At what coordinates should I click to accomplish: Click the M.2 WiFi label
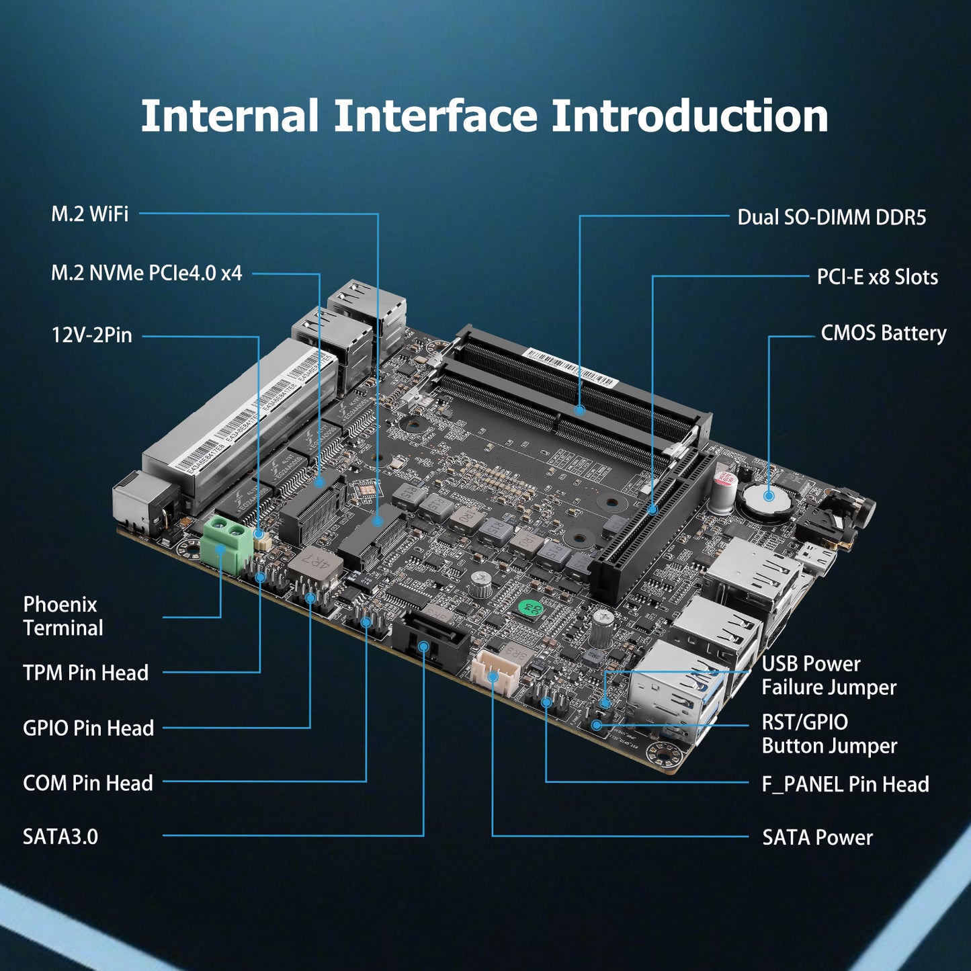click(89, 214)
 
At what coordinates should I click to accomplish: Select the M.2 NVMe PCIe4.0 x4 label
click(146, 273)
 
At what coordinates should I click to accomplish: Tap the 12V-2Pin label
click(92, 335)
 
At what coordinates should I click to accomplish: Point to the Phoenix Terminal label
click(63, 616)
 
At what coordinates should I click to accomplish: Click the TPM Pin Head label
click(85, 673)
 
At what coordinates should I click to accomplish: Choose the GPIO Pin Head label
click(88, 728)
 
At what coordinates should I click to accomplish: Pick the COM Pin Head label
click(87, 783)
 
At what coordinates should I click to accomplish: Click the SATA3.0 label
click(60, 837)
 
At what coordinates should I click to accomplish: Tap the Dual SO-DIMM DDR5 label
click(831, 218)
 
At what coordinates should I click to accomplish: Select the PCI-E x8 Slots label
click(877, 277)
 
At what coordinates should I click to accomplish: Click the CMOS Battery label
click(883, 333)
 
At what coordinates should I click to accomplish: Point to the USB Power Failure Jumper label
click(829, 675)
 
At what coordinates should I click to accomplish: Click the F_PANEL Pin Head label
click(845, 784)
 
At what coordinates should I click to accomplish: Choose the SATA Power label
click(817, 838)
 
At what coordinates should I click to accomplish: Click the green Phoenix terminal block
click(225, 542)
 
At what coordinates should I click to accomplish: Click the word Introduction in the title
click(689, 116)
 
